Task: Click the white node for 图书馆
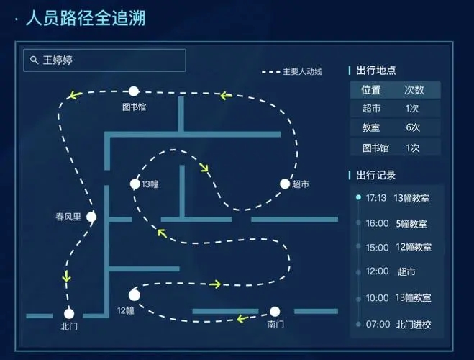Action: point(134,91)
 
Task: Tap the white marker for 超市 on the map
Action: point(285,184)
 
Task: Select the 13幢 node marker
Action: point(135,184)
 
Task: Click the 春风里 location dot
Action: point(91,217)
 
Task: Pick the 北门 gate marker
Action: point(69,314)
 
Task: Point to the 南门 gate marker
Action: point(275,311)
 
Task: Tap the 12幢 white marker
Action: point(135,295)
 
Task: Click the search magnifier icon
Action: point(34,60)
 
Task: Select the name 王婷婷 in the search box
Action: point(58,60)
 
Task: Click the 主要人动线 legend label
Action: point(302,72)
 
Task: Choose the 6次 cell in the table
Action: point(413,127)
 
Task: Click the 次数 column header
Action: point(414,90)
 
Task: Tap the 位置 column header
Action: point(371,90)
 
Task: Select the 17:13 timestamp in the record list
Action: point(376,198)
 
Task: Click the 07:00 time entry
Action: point(378,324)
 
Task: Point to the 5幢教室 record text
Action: point(411,224)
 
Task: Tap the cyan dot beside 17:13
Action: point(358,197)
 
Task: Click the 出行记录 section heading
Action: point(375,175)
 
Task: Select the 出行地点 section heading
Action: point(375,71)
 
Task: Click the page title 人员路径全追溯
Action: point(86,18)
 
